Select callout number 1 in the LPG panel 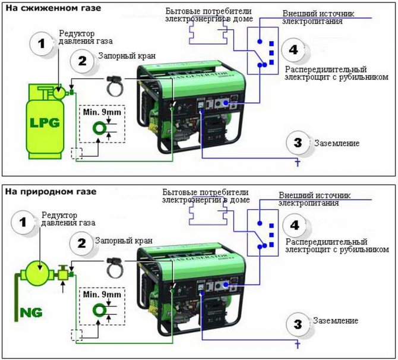[41, 43]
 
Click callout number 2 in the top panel [82, 60]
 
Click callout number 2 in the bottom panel [82, 242]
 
